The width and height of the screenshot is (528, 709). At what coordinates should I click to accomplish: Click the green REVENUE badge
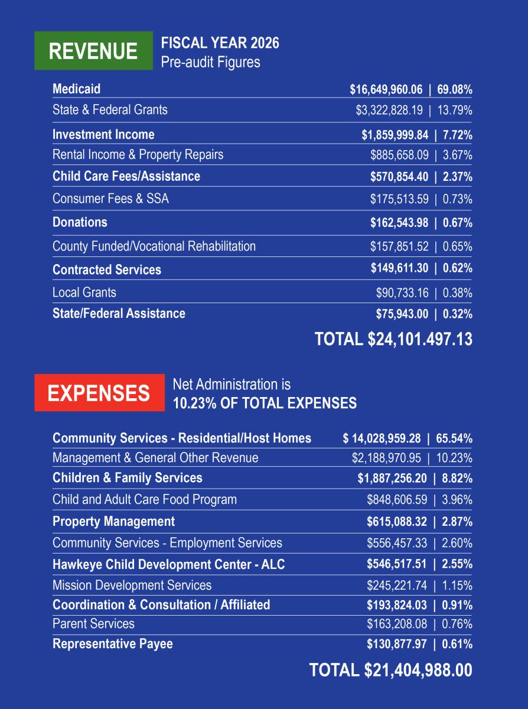click(x=93, y=50)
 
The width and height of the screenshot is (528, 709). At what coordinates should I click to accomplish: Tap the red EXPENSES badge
click(x=99, y=392)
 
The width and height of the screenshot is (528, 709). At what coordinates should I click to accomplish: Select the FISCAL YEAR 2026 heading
click(x=220, y=43)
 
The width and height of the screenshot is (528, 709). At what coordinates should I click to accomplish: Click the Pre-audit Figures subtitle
click(x=210, y=62)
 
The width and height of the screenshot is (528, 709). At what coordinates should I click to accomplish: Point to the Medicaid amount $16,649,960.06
click(x=386, y=89)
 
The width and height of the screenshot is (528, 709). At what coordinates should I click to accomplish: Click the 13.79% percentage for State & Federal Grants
click(x=455, y=110)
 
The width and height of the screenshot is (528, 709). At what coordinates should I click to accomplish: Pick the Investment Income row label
click(x=103, y=135)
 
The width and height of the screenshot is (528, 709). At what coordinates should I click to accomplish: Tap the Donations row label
click(x=80, y=222)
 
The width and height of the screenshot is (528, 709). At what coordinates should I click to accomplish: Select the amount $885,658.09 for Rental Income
click(x=399, y=155)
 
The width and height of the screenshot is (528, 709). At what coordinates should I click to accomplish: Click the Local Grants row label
click(x=84, y=292)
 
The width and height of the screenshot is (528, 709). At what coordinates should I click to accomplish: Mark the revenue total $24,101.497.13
click(x=420, y=339)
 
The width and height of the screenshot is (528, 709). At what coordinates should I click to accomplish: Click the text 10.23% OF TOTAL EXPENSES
click(x=265, y=403)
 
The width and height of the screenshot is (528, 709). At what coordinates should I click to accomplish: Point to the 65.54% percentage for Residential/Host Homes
click(x=454, y=438)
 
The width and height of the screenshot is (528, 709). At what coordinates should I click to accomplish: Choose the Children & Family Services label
click(x=127, y=478)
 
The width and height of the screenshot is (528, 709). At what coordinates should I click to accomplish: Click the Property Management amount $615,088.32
click(x=397, y=522)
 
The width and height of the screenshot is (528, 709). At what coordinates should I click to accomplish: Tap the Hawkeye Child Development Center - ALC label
click(x=168, y=564)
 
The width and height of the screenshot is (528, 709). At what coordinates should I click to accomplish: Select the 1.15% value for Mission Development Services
click(x=457, y=586)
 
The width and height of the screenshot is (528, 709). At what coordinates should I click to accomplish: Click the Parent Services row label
click(x=93, y=624)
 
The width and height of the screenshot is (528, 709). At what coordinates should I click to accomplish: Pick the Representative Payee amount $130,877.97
click(x=397, y=644)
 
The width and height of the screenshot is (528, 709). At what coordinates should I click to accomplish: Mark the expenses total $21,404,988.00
click(x=418, y=670)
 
